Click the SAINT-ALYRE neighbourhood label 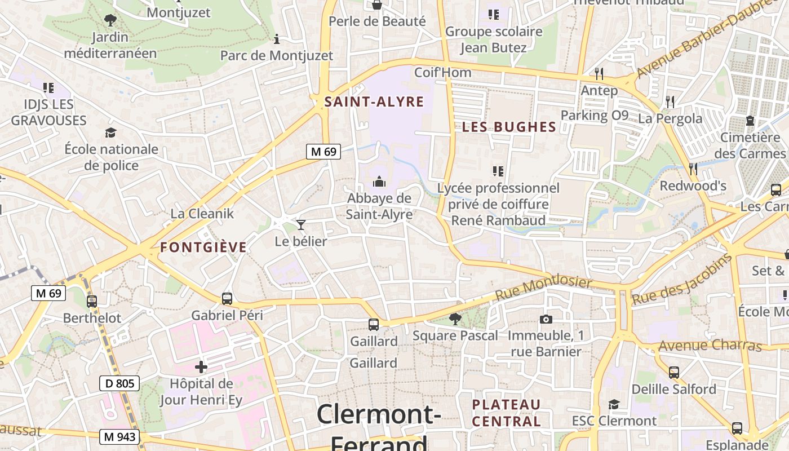[x=374, y=102]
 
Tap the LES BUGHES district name [x=509, y=127]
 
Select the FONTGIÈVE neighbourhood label [x=203, y=247]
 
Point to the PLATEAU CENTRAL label [x=506, y=413]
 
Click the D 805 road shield [x=119, y=384]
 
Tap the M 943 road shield [x=119, y=436]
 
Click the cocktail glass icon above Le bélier [x=301, y=225]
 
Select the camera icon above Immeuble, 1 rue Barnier [x=546, y=320]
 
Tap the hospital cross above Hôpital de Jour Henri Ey [x=201, y=368]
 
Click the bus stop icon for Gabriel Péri [x=227, y=299]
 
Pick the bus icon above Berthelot [x=92, y=302]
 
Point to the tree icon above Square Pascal [x=455, y=320]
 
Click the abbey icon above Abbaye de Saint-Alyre [x=379, y=182]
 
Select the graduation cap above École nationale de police [x=111, y=133]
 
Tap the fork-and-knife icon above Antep [x=599, y=74]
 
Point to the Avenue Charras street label [x=710, y=345]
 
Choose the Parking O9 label [x=594, y=116]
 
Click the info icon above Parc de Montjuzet [x=277, y=39]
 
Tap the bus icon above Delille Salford [x=674, y=373]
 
